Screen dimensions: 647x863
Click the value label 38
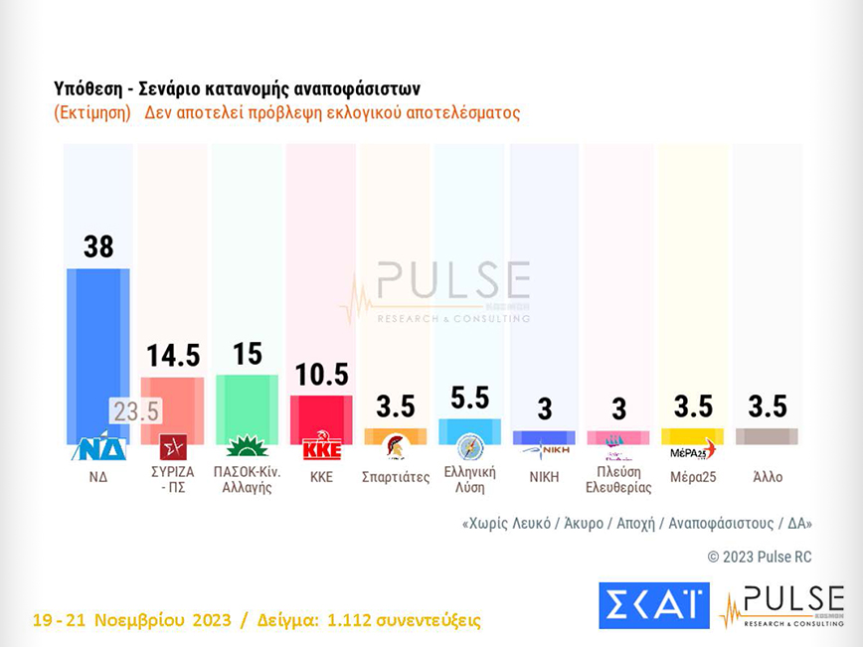[x=98, y=246]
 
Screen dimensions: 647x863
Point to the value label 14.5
[x=173, y=356]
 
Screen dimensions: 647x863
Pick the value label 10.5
[x=320, y=375]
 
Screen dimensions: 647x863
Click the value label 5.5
[x=469, y=398]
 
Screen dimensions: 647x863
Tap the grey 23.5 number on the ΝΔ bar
[x=135, y=410]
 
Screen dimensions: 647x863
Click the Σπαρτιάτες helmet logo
[x=396, y=446]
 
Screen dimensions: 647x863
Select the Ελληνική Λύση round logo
[x=469, y=447]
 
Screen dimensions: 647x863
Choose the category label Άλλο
[x=767, y=477]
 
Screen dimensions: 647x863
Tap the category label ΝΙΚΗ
[x=544, y=477]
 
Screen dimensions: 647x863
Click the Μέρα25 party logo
[x=692, y=449]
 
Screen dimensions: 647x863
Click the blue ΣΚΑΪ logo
[x=653, y=605]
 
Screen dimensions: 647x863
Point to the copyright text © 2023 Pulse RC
[x=760, y=558]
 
